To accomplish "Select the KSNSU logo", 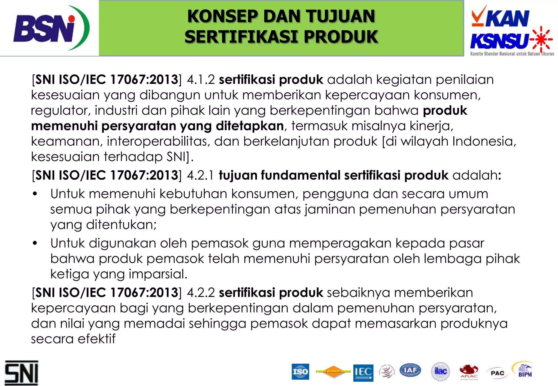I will (x=511, y=41).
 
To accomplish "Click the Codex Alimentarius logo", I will (x=333, y=371).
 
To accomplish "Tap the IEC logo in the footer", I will (x=363, y=372).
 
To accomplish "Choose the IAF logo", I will (x=410, y=370).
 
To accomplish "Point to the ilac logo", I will (x=440, y=371).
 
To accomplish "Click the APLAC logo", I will (x=469, y=372).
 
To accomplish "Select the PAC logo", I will (x=497, y=373).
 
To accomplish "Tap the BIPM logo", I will (x=524, y=370).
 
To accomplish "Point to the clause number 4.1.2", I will (x=201, y=80).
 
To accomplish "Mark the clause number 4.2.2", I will (x=201, y=293).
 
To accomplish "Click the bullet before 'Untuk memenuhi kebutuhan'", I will (x=35, y=194).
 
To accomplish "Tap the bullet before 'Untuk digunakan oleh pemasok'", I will (x=35, y=243).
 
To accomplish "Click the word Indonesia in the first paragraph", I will (x=483, y=142).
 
